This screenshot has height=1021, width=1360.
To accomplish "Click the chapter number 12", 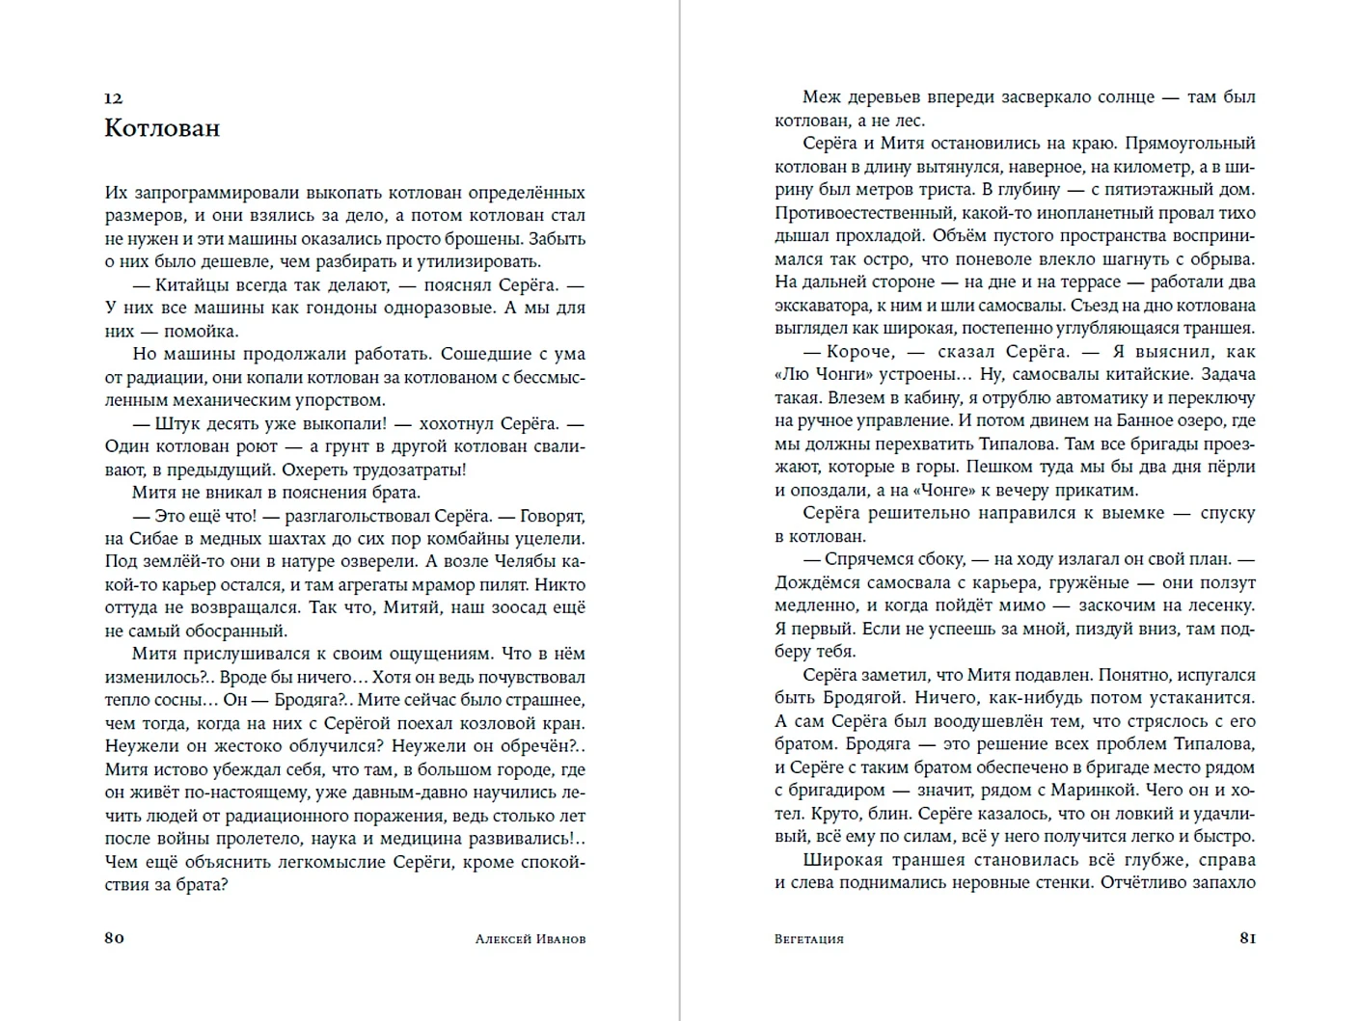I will [113, 98].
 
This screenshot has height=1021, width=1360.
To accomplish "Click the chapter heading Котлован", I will [162, 128].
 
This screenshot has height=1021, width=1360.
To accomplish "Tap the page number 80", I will [114, 938].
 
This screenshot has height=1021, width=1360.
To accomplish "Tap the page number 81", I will [1247, 938].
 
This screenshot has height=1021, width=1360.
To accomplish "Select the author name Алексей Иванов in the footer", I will [530, 939].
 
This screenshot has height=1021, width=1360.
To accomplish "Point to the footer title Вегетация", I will [808, 939].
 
